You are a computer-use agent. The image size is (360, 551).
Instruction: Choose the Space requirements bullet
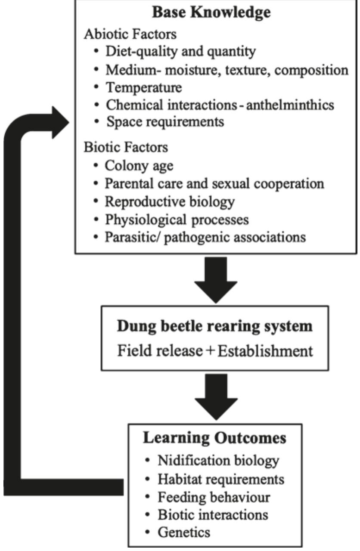pos(165,122)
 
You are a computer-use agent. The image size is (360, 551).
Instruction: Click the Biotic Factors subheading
pos(126,147)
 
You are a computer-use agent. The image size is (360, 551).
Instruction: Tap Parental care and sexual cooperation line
pos(214,183)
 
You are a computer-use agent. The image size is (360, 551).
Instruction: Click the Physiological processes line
pos(177,220)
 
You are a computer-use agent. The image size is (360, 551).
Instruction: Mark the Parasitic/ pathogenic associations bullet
pos(205,237)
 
